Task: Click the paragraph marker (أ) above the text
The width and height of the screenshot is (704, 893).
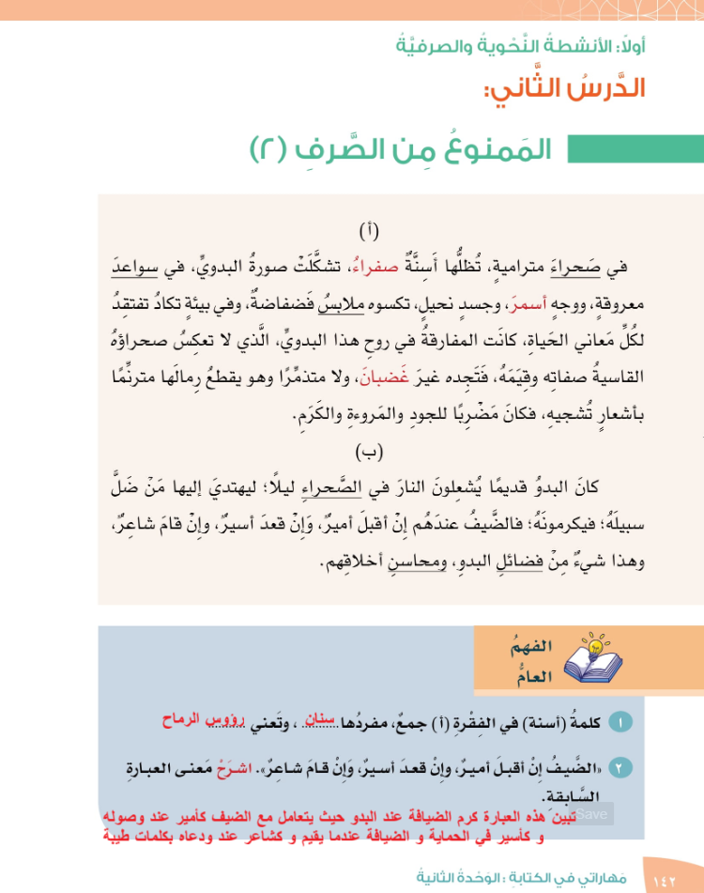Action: (370, 230)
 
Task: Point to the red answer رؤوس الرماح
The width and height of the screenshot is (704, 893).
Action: (199, 718)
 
